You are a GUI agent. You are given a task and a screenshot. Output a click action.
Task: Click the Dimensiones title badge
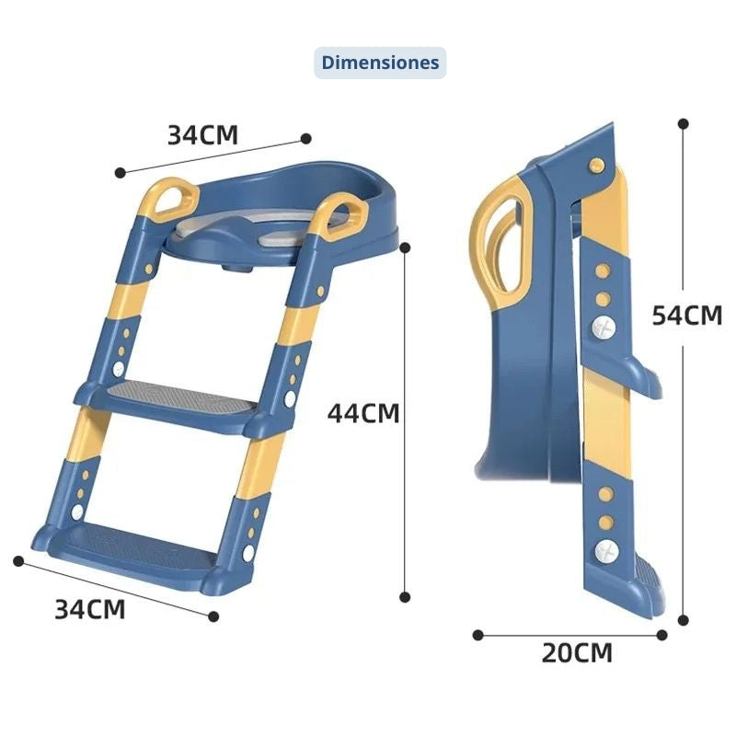tap(380, 63)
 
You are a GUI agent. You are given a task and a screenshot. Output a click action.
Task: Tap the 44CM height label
tap(363, 413)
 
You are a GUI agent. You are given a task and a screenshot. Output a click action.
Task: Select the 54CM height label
tap(687, 315)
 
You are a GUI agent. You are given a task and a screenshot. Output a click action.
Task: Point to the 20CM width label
tap(577, 653)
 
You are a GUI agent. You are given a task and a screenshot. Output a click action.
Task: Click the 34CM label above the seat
tap(202, 134)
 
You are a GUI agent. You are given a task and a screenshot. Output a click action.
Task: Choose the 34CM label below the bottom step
tap(90, 609)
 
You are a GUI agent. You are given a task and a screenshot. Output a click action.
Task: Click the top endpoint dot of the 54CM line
tap(684, 124)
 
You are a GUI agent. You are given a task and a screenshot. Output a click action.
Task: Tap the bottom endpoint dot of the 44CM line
tap(405, 597)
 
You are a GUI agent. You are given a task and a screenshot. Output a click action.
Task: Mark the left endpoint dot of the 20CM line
tap(477, 635)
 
